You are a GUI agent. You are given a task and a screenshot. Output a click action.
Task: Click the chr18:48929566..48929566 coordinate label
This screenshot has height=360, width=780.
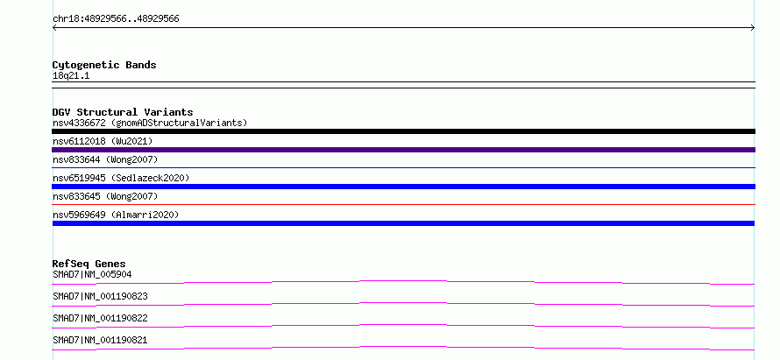pyautogui.click(x=116, y=19)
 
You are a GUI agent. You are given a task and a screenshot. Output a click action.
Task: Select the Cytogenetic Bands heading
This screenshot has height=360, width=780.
pyautogui.click(x=104, y=65)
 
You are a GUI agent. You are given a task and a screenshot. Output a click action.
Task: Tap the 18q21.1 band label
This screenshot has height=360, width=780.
pyautogui.click(x=71, y=76)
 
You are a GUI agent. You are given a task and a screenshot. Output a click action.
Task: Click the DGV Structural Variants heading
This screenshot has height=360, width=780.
pyautogui.click(x=123, y=112)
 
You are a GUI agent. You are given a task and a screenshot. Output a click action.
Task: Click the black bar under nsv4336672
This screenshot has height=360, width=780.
pyautogui.click(x=403, y=131)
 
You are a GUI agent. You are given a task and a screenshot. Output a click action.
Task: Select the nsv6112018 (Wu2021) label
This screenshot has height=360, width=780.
pyautogui.click(x=103, y=141)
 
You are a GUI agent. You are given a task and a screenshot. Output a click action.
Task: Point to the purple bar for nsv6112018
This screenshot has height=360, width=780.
pyautogui.click(x=403, y=150)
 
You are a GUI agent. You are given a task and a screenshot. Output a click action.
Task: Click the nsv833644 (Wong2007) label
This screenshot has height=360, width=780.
pyautogui.click(x=105, y=159)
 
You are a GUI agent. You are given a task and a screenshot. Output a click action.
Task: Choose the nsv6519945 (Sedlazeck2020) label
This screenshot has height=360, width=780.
pyautogui.click(x=121, y=178)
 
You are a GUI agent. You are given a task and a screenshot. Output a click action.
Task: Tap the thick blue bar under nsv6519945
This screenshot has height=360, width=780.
pyautogui.click(x=403, y=187)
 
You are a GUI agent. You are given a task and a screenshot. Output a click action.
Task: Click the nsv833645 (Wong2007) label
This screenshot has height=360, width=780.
pyautogui.click(x=105, y=196)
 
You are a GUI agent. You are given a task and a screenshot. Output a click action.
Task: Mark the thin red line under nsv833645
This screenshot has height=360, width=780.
pyautogui.click(x=403, y=204)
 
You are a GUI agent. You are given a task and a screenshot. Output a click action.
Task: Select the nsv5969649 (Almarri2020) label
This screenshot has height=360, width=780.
pyautogui.click(x=116, y=215)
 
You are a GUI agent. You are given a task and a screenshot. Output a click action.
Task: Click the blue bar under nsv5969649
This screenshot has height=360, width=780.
pyautogui.click(x=403, y=223)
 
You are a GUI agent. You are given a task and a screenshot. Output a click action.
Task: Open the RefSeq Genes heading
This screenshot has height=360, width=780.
pyautogui.click(x=89, y=264)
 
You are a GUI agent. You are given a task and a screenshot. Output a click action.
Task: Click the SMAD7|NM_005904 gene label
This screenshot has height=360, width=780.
pyautogui.click(x=92, y=274)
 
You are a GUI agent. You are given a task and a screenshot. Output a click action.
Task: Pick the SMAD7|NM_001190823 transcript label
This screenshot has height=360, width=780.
pyautogui.click(x=100, y=296)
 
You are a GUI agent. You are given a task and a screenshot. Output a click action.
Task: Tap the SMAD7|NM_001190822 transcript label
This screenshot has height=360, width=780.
pyautogui.click(x=100, y=318)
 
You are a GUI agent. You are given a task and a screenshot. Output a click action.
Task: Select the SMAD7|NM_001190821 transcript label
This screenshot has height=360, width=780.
pyautogui.click(x=100, y=341)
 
